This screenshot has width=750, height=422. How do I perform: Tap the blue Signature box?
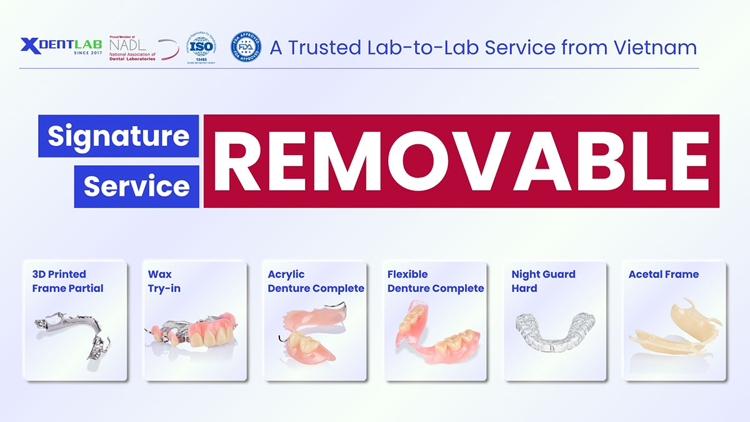point(118,136)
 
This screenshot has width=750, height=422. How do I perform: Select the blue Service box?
point(137,186)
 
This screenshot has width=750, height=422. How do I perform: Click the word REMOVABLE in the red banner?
point(461,161)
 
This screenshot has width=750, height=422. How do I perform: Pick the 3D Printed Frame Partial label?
point(67,281)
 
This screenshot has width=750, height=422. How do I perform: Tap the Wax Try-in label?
point(164,281)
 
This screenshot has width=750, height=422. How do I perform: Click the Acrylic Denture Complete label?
point(316,281)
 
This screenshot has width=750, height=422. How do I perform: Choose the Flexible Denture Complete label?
point(436,281)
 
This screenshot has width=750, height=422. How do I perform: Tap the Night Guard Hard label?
point(543,281)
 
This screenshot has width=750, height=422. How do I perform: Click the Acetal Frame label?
point(664,274)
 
